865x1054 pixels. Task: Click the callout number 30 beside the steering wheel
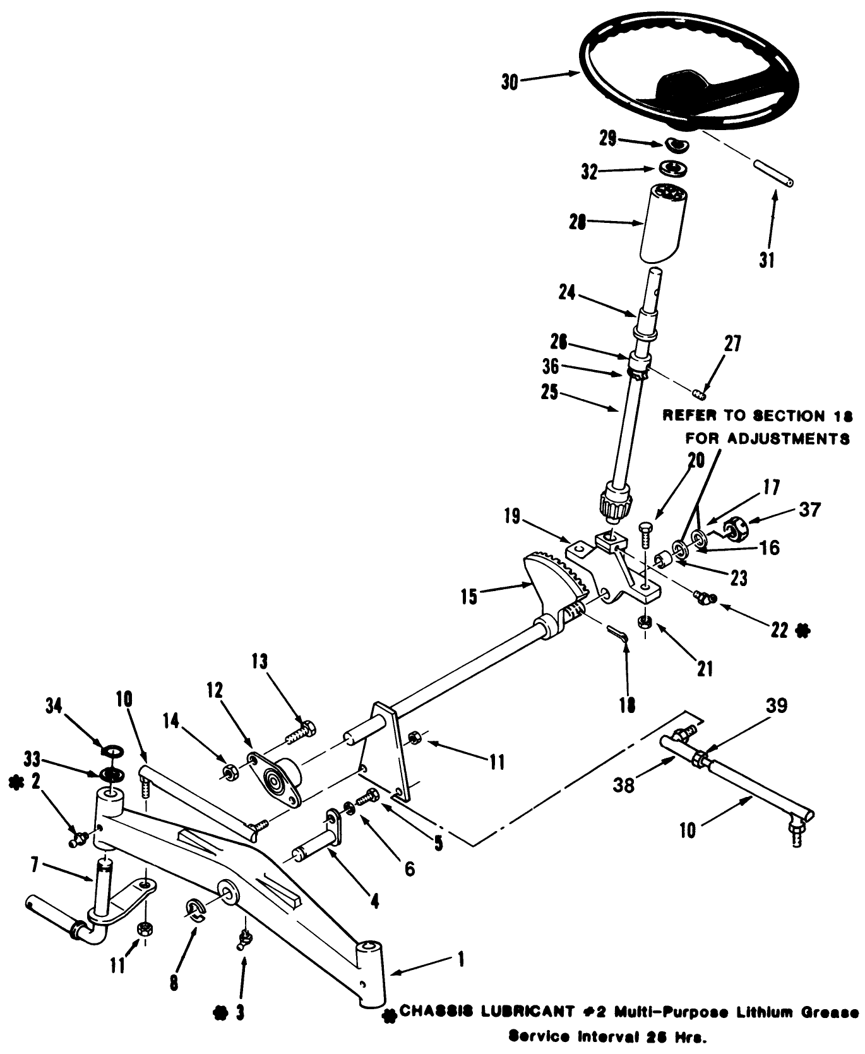pos(510,83)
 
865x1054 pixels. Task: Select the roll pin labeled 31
pos(773,173)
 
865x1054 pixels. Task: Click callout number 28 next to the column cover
pos(577,222)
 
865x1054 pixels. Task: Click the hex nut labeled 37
pos(735,527)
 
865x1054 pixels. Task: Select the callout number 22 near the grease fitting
pos(780,629)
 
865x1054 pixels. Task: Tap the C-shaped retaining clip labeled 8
pos(195,909)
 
